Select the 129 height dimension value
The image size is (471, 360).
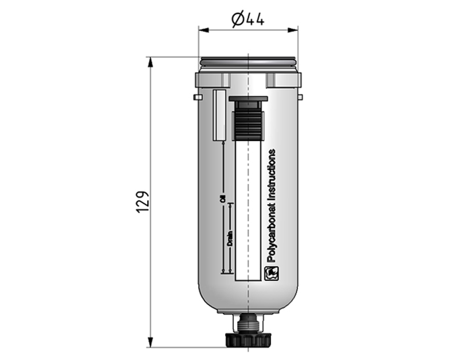tap(142, 201)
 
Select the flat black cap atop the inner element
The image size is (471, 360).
tap(248, 98)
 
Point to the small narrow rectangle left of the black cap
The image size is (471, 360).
tap(219, 115)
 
